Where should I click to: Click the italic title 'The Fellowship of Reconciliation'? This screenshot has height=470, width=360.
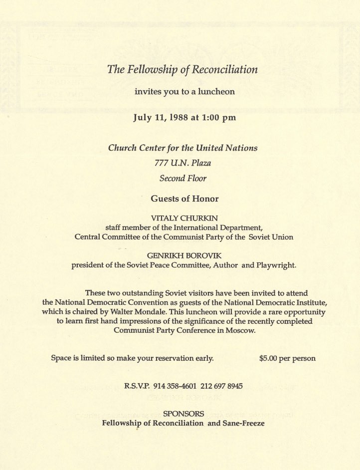coord(182,69)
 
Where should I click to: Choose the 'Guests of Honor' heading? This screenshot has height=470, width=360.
coord(184,199)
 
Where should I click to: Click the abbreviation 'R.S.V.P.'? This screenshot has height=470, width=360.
coord(137,387)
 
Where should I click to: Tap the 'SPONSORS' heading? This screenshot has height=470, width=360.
coord(183,414)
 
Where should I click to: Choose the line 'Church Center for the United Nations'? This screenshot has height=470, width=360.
coord(183,148)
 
